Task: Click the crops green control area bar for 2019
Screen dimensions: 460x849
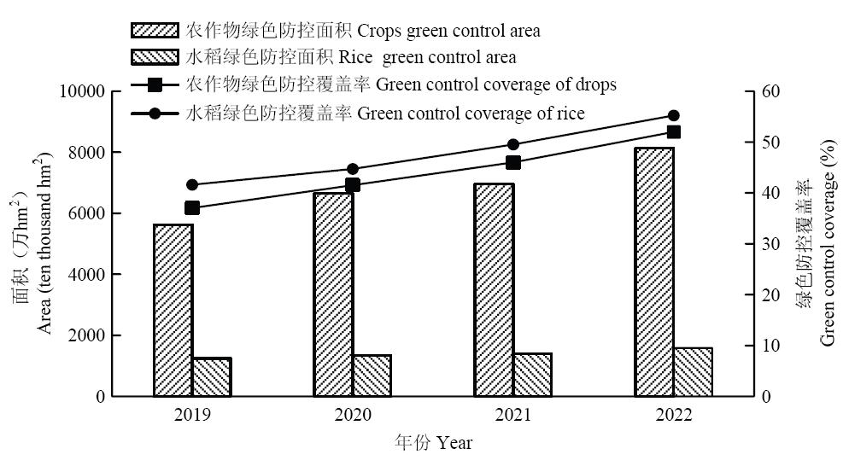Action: (173, 311)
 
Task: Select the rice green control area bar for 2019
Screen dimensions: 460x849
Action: (211, 377)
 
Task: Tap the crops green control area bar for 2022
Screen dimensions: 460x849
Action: (654, 272)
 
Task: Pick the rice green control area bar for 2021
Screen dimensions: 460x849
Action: (533, 375)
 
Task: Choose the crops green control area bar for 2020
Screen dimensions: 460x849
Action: (333, 294)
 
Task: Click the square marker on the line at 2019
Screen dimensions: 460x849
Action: (192, 208)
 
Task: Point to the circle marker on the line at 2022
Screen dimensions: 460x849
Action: (673, 115)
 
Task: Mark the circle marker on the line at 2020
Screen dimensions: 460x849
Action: (353, 169)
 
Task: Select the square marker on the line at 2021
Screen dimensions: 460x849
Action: (513, 162)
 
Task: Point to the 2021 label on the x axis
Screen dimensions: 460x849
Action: (512, 416)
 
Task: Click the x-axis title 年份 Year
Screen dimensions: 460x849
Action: (433, 443)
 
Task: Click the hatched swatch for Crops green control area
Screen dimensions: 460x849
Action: (155, 31)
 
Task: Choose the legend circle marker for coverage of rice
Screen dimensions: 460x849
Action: (155, 114)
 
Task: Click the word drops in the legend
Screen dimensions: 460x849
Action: (596, 84)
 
